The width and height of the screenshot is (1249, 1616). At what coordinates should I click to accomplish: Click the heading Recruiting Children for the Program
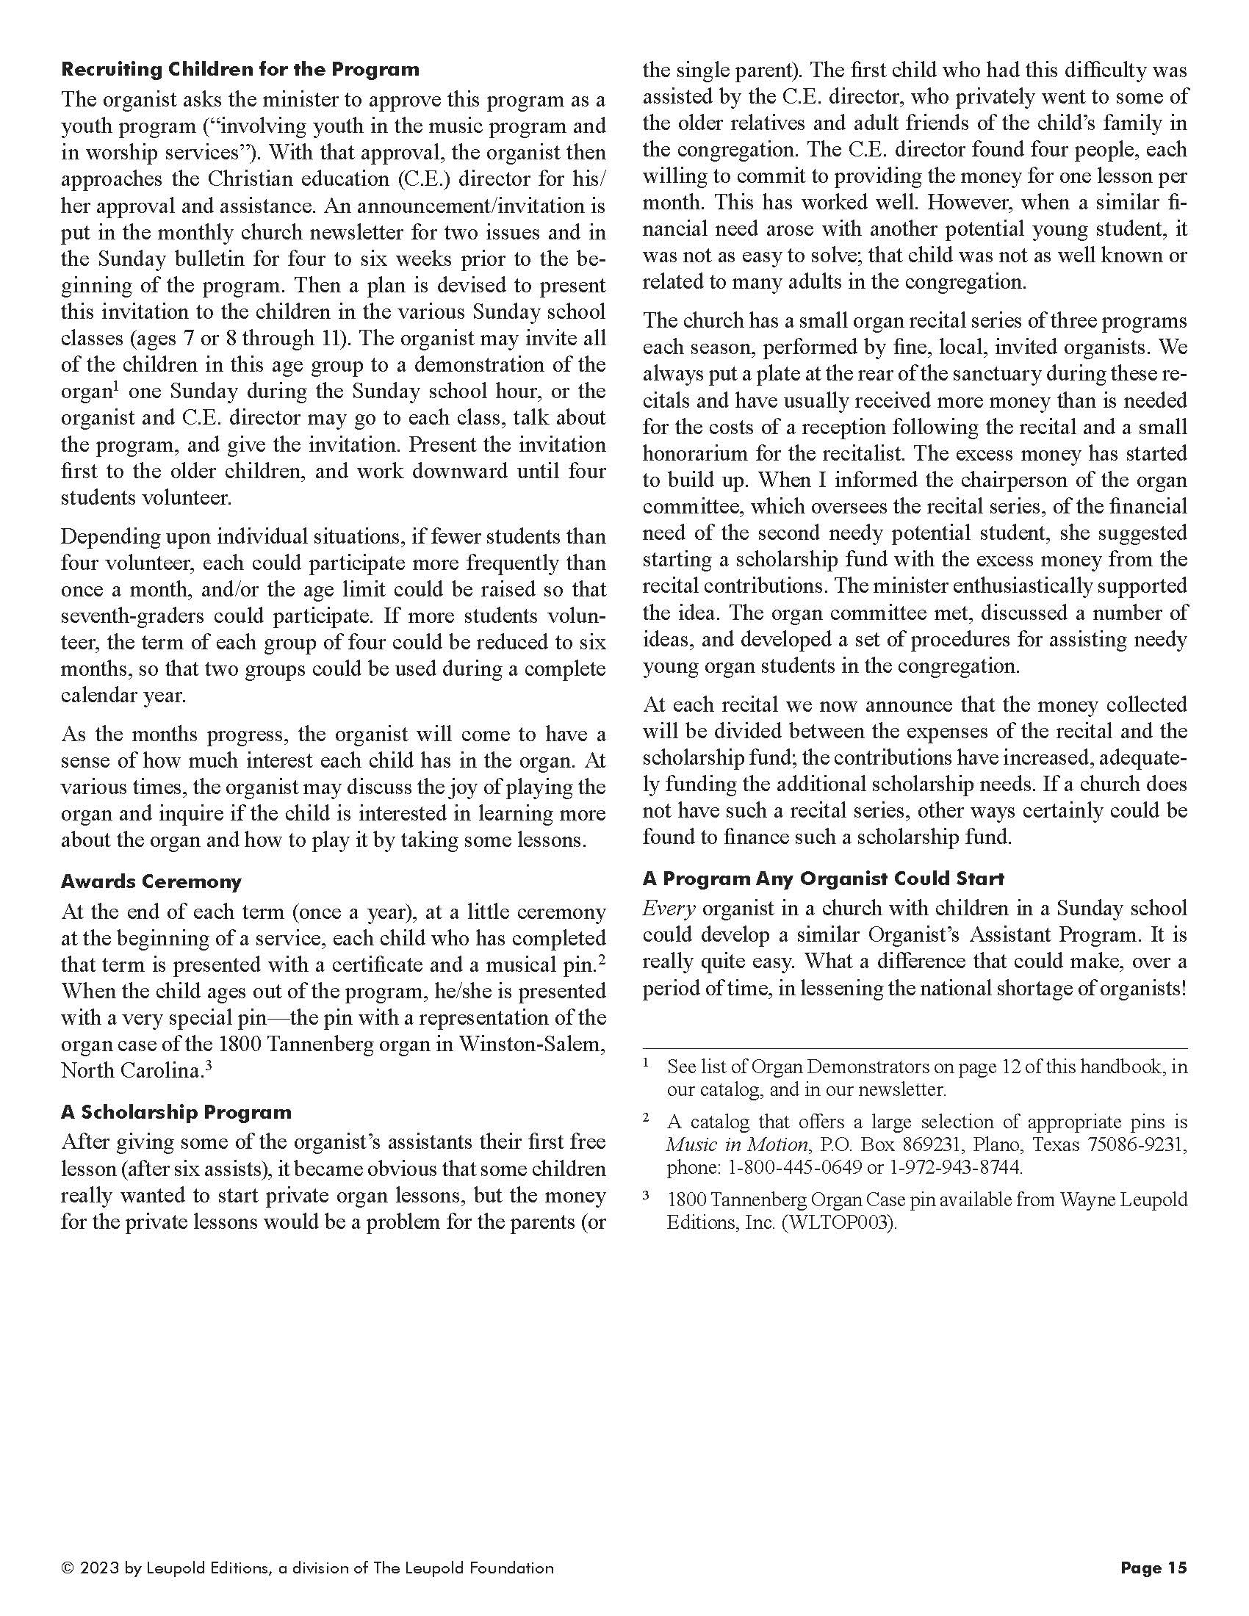240,70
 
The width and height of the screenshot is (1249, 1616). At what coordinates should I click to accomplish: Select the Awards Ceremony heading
151,881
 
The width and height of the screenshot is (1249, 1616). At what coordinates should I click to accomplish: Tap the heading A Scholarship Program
176,1112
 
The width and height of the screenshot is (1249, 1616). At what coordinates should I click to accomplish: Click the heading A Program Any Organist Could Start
823,879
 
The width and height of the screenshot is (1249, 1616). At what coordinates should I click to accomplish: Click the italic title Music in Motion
736,1145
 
